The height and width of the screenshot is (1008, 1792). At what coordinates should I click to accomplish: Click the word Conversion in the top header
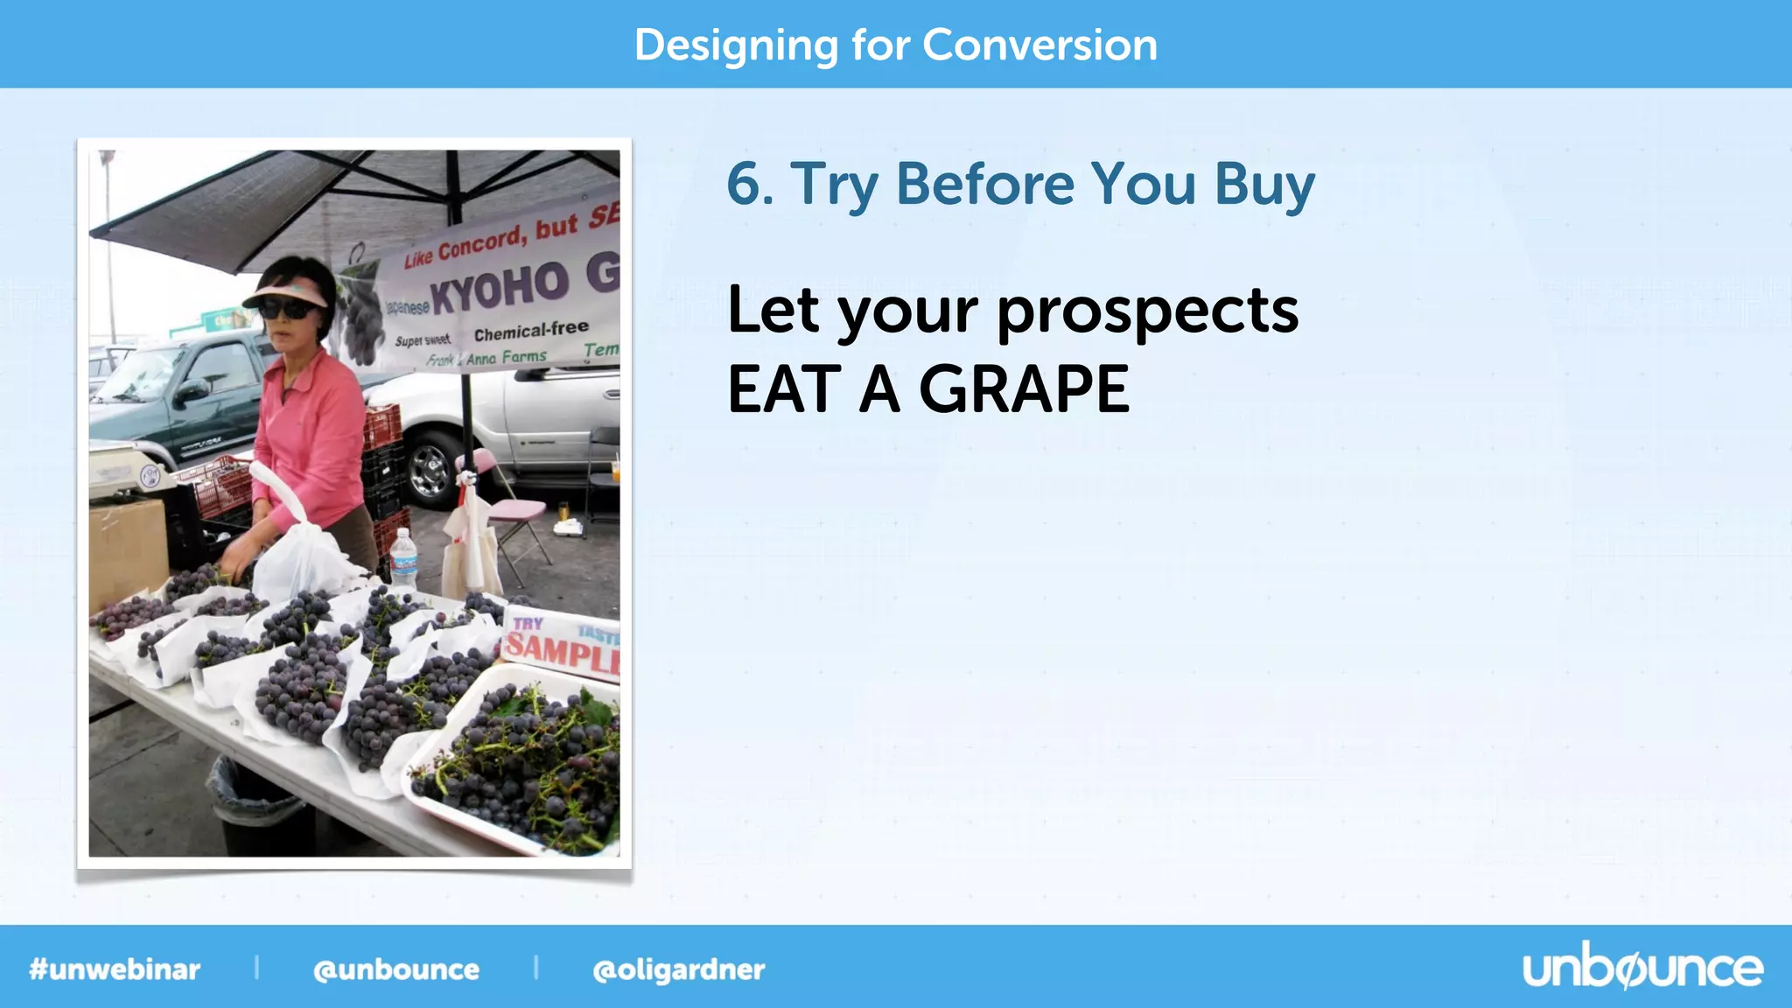[x=1039, y=45]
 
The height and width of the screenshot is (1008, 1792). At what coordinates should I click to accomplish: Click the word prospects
[x=1147, y=312]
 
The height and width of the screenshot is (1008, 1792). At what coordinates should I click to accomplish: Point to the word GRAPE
[x=1024, y=389]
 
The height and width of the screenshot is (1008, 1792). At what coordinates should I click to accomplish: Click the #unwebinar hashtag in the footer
[x=115, y=969]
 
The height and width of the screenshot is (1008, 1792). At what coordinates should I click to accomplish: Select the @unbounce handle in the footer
[x=396, y=969]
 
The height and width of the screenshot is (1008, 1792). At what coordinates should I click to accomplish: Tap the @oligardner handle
[x=678, y=969]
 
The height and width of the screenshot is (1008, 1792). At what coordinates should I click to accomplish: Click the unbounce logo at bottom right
[x=1642, y=969]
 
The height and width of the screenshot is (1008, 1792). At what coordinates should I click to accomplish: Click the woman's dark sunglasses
[x=286, y=309]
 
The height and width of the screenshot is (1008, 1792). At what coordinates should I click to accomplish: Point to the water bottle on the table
[x=403, y=560]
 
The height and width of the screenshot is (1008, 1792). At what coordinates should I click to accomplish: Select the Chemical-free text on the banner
[x=531, y=332]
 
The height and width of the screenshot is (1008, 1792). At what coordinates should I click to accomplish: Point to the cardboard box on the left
[x=127, y=551]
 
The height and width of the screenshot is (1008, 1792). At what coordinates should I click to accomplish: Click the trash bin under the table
[x=254, y=805]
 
